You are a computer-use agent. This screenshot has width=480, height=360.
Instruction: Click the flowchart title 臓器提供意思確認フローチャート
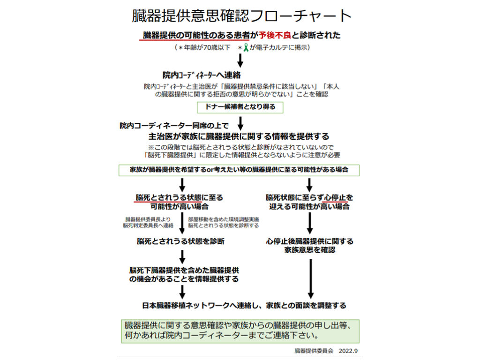coord(241,15)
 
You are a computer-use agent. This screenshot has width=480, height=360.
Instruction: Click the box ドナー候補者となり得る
coord(240,107)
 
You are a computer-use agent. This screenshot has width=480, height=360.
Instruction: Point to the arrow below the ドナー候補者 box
coord(240,123)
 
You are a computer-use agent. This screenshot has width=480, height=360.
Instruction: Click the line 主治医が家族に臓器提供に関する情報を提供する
coord(239,137)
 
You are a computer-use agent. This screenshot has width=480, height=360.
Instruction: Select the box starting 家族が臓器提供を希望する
coord(239,170)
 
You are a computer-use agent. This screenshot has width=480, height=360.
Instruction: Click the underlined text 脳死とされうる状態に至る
coord(180,197)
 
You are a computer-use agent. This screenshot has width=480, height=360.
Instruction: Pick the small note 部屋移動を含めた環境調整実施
coord(223,219)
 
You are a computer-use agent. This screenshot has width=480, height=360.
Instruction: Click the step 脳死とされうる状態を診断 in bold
coord(180,241)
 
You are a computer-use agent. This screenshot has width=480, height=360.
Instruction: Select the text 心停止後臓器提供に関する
coord(309,241)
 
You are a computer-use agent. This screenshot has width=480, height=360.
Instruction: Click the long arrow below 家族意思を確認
coord(310,277)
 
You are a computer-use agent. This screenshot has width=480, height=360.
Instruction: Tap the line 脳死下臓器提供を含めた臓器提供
coord(184,270)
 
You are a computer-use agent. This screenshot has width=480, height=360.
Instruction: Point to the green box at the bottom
coord(240,330)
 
